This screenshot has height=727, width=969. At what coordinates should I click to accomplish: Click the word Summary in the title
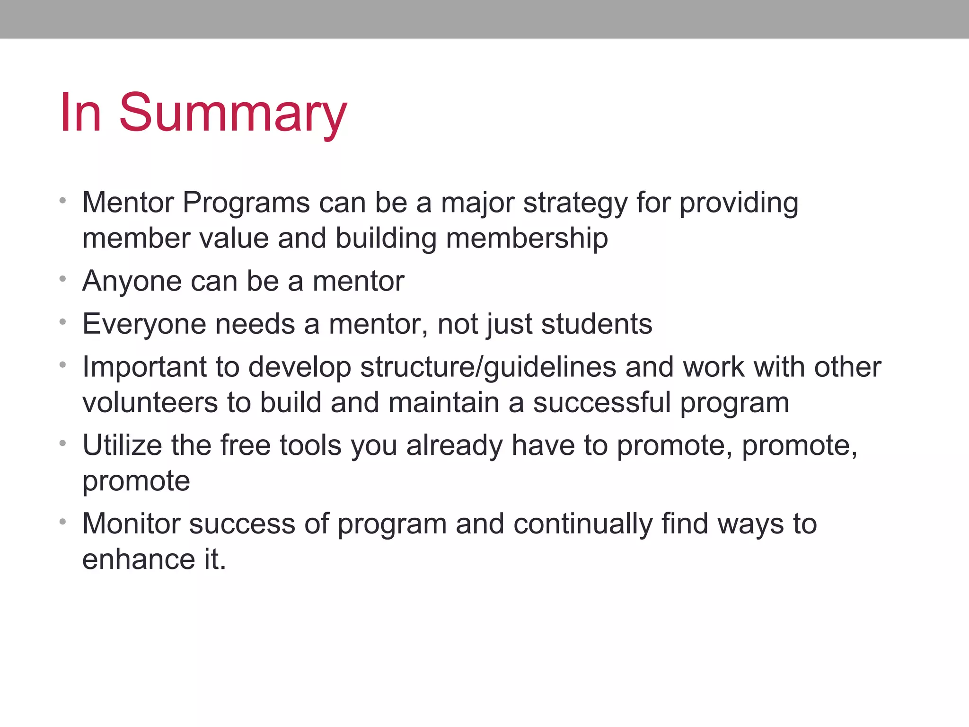pos(233,114)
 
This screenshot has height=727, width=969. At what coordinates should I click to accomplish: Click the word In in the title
pos(80,114)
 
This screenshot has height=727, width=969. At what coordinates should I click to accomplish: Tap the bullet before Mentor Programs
pos(62,201)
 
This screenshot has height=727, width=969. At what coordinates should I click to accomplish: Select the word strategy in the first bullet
pos(575,204)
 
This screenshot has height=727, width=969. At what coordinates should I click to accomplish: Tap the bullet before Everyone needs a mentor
pos(62,322)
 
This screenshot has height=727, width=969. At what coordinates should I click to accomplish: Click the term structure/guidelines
pos(488,368)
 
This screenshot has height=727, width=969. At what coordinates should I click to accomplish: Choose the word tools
pos(310,446)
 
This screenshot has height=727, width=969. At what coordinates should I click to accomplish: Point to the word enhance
pos(138,559)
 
